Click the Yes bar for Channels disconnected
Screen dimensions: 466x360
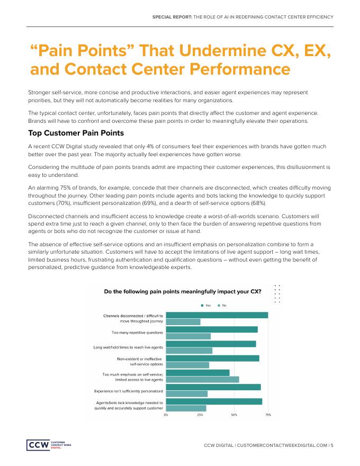coord(217,315)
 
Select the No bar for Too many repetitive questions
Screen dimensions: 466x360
coord(188,336)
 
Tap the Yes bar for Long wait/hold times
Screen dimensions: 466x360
coord(211,344)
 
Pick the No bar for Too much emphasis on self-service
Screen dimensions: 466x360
coord(202,379)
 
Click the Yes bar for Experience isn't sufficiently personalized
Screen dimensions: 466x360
coord(213,387)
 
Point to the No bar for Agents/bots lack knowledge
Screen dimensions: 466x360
coord(186,408)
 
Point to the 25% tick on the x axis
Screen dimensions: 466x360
coord(200,415)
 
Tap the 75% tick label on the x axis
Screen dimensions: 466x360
coord(268,415)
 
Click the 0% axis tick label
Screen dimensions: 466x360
coord(166,415)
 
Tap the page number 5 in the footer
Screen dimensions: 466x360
coord(332,445)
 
